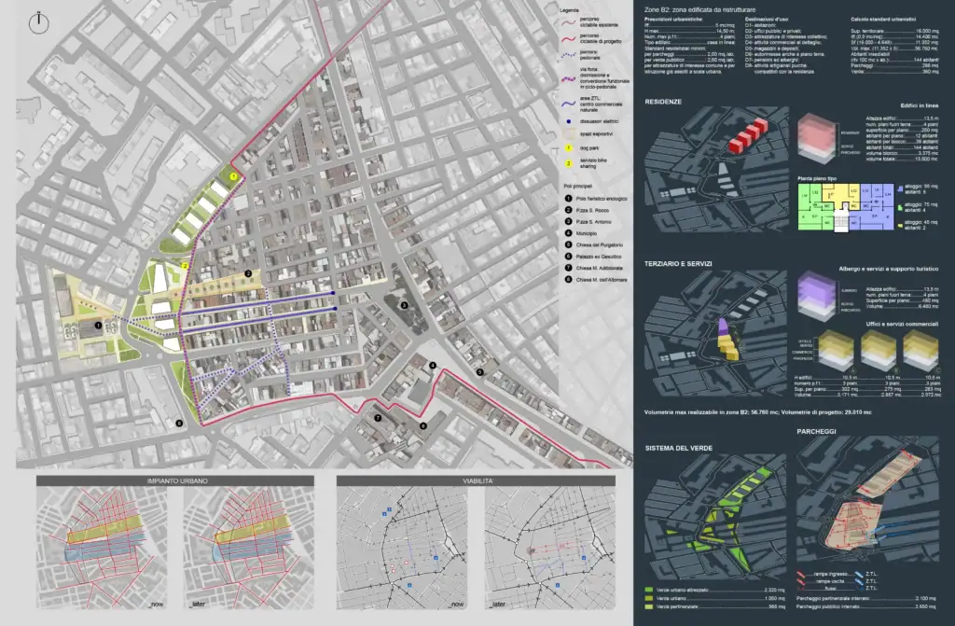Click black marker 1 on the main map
(98, 326)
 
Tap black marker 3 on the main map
(404, 305)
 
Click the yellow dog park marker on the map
(233, 175)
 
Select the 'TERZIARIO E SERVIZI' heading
(678, 264)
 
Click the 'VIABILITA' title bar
(477, 480)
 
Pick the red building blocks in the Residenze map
(746, 135)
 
